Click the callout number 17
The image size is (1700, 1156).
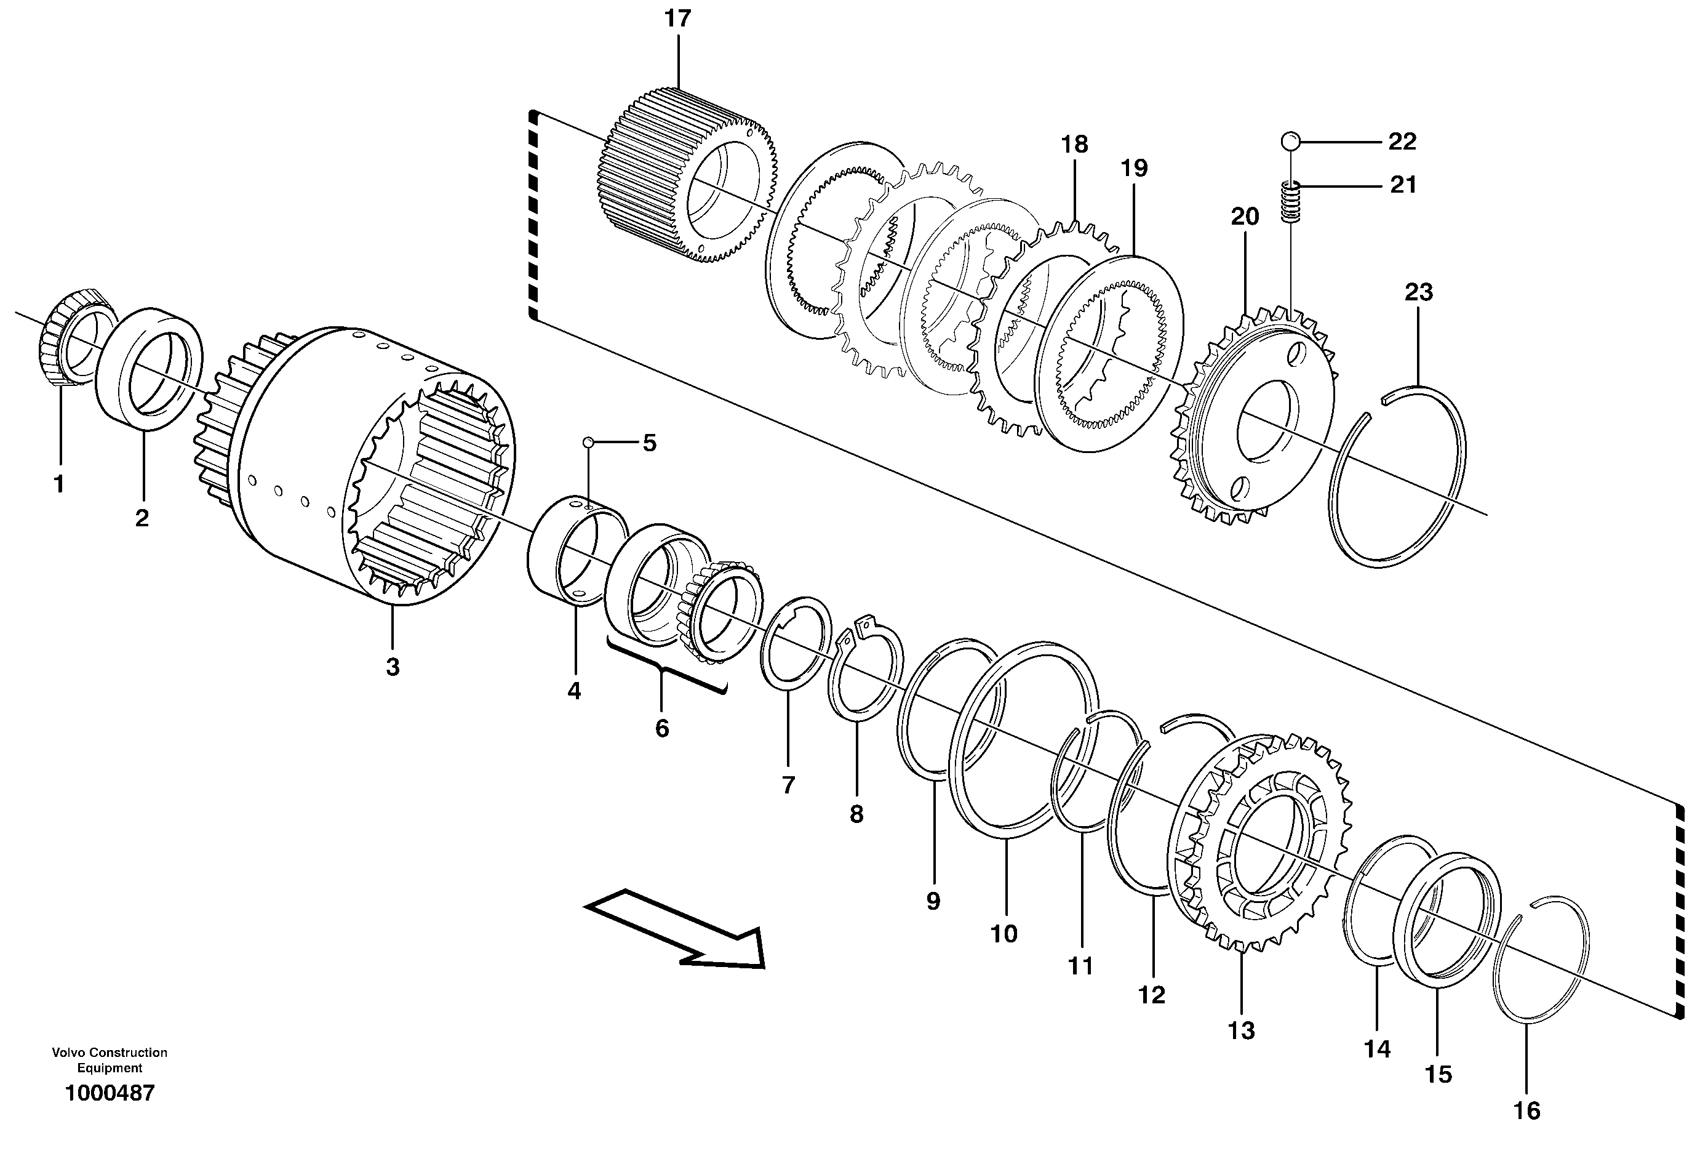tap(677, 19)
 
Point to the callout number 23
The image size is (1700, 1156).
tap(1418, 292)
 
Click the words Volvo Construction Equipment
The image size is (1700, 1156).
tap(110, 1059)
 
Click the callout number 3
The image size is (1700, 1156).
tap(393, 667)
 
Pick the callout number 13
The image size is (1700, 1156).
tap(1242, 1030)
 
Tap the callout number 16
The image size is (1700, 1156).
tap(1526, 1110)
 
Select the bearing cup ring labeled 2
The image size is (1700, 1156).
tap(150, 366)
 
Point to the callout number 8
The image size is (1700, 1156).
tap(856, 814)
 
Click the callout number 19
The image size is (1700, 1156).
tap(1135, 168)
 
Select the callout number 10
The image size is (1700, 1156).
tap(1004, 934)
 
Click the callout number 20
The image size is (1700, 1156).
tap(1245, 217)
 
